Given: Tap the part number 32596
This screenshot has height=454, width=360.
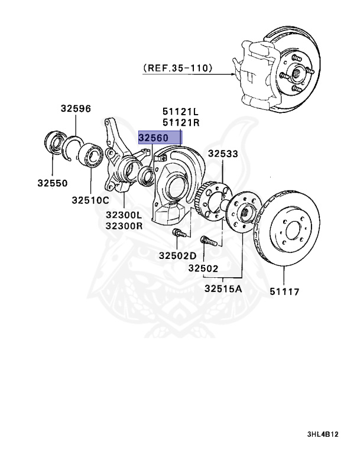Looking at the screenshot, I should [75, 108].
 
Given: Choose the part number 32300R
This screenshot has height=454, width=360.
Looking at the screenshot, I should [124, 226].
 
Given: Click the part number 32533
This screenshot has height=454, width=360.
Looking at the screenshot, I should [222, 154].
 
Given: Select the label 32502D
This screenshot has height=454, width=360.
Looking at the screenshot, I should [177, 256].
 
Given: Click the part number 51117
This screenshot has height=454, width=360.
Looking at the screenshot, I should [285, 291].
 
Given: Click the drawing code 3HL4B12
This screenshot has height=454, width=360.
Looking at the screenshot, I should [323, 434].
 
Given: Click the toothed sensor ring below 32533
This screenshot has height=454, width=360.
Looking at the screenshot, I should [208, 192].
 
